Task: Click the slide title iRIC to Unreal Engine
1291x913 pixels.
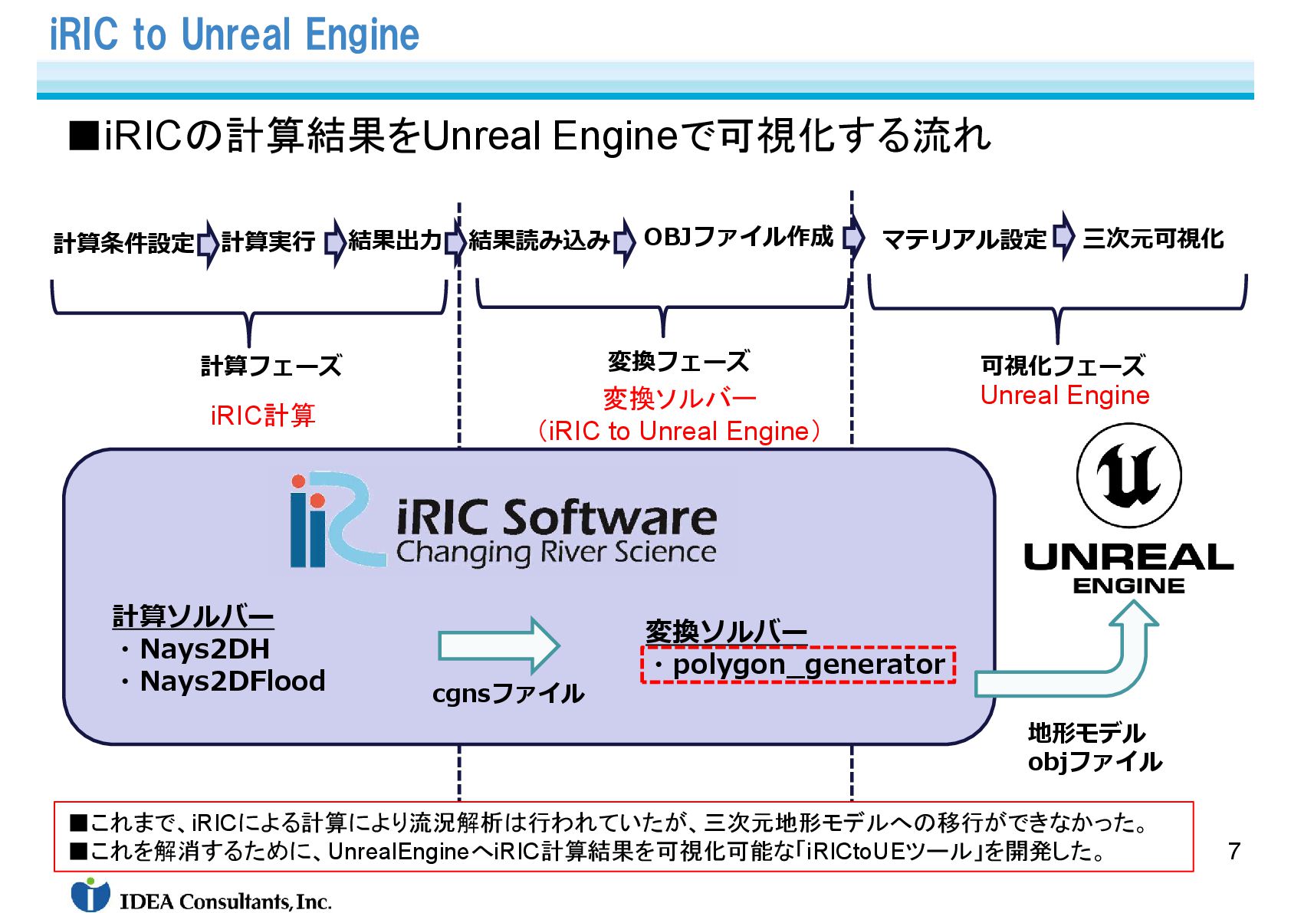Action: point(234,34)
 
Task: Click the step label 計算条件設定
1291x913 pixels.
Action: point(123,243)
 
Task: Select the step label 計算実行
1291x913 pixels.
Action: point(268,241)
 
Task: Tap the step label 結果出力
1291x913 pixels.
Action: point(395,240)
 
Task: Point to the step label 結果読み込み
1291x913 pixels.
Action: point(539,240)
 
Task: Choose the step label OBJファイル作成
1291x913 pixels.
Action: point(737,237)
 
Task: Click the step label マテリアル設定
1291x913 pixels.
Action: point(964,240)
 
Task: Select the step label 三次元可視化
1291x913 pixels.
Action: point(1153,238)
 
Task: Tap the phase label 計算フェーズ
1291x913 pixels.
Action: point(271,366)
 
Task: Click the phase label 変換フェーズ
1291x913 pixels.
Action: point(678,361)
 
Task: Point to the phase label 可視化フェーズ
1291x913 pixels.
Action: point(1063,366)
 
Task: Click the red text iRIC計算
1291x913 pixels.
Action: point(263,415)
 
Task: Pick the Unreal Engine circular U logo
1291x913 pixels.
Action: point(1128,476)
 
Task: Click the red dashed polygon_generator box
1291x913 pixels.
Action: point(798,665)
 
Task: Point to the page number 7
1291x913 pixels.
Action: point(1234,851)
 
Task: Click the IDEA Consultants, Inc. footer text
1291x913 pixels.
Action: point(225,902)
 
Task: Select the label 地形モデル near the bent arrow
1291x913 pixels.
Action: point(1086,733)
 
